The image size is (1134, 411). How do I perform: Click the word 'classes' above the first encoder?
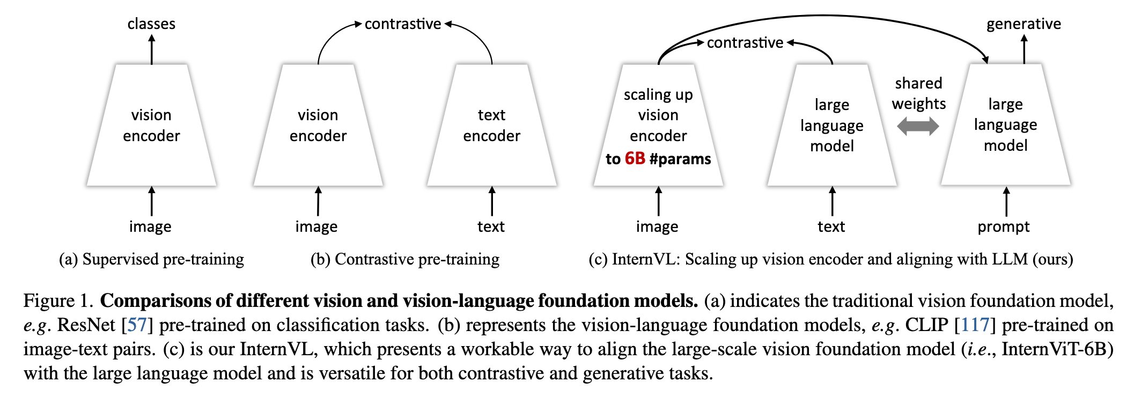[x=151, y=24]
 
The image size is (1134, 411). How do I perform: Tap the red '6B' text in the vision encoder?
[x=635, y=158]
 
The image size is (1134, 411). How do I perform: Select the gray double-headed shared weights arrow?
[x=918, y=126]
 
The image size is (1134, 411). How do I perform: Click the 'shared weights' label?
[x=918, y=93]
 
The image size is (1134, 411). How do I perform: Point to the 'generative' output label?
[x=1023, y=24]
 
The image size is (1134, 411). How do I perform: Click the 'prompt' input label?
[x=1004, y=227]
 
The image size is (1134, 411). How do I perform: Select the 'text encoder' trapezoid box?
[x=492, y=125]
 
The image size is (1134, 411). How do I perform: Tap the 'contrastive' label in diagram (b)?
[x=403, y=24]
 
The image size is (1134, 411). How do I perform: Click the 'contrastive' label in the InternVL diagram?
[x=745, y=42]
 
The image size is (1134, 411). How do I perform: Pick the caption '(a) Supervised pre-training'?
[x=151, y=259]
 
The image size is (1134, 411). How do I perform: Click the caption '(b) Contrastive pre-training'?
[x=405, y=259]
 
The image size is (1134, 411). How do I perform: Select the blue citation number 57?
[x=137, y=325]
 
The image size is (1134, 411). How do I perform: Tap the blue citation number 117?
[x=975, y=325]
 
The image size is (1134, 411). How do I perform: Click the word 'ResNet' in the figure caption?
[x=86, y=325]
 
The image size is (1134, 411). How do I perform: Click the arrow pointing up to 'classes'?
[x=152, y=49]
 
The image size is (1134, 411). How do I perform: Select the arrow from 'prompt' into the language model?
[x=1006, y=201]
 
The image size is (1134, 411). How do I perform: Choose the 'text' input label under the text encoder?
[x=491, y=226]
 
